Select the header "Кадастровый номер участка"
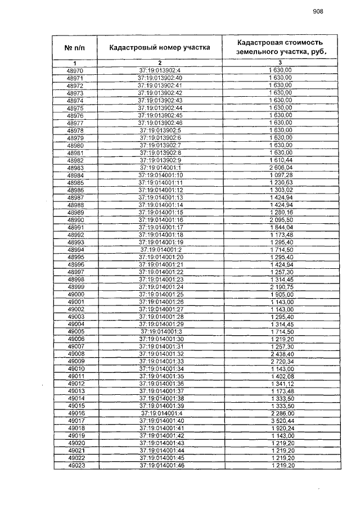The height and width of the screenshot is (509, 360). coord(160,47)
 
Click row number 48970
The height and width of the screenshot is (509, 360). coord(75,70)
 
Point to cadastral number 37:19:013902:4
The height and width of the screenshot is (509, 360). coord(160,70)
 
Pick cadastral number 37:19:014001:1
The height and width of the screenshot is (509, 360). coord(160,168)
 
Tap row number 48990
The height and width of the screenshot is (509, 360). coord(75,219)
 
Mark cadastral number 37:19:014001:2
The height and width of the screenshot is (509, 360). coord(160,249)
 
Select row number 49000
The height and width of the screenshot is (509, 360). coord(75,294)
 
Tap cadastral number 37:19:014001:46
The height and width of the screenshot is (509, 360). coord(160,465)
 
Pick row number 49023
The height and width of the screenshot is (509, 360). coord(75,465)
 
